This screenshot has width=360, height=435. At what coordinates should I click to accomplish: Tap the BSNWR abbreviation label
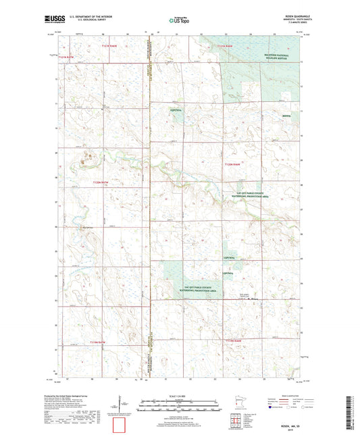(286, 116)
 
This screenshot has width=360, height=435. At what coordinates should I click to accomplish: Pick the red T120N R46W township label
(232, 164)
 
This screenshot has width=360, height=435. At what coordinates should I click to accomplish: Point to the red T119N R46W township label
(232, 340)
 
